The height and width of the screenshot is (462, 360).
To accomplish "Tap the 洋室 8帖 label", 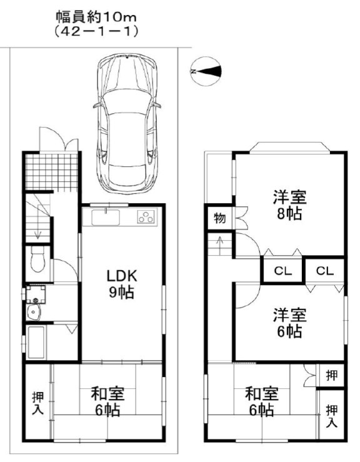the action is (289, 205).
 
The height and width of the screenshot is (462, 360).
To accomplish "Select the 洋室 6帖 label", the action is (289, 323).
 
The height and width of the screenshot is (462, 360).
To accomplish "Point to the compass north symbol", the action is (206, 71).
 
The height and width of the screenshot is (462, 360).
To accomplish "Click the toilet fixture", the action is (37, 259).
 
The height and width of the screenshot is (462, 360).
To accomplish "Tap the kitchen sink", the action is (106, 218).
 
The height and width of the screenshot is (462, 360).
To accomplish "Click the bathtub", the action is (36, 342).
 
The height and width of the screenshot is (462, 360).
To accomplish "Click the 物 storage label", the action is (220, 218).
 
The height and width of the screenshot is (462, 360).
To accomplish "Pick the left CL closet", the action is (282, 270).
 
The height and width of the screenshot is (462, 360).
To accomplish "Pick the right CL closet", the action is (324, 270).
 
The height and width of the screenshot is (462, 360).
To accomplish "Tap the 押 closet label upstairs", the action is (332, 375).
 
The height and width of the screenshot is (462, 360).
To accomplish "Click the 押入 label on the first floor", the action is (37, 403).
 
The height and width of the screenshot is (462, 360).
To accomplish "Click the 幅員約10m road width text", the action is (96, 18).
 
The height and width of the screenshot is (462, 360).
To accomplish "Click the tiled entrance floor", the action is (52, 171).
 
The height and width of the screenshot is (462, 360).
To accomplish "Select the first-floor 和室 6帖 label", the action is (107, 402).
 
